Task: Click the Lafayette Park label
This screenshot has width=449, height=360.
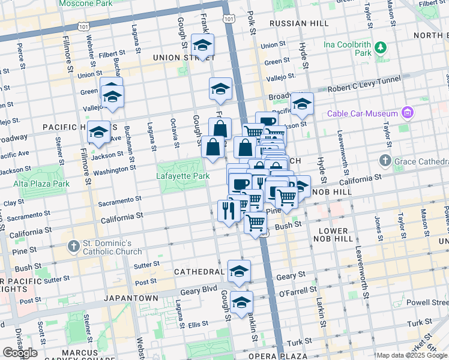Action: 183,176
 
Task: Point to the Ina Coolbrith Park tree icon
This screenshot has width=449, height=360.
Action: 380,47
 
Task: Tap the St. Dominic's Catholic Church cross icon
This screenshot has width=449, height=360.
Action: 73,245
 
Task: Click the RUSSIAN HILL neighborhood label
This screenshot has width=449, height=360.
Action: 299,23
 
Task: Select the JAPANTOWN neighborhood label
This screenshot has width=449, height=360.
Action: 130,298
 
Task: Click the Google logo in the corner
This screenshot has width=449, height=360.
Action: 20,353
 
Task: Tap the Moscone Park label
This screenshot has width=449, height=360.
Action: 86,4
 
